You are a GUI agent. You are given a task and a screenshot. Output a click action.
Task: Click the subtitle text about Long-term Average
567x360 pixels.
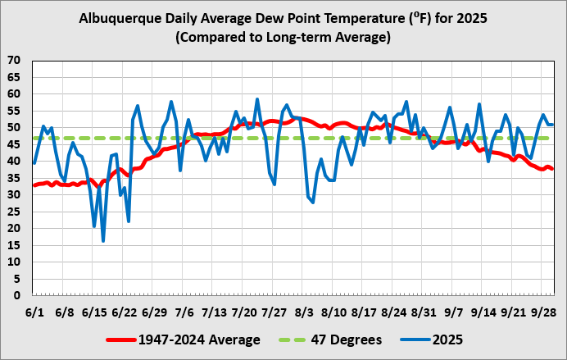pyautogui.click(x=283, y=38)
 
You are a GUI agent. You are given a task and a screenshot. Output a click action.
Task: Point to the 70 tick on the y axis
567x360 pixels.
pyautogui.click(x=15, y=61)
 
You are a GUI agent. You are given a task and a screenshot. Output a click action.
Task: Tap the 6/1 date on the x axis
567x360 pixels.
pyautogui.click(x=34, y=312)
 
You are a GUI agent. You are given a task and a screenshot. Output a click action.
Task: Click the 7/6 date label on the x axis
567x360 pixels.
pyautogui.click(x=184, y=312)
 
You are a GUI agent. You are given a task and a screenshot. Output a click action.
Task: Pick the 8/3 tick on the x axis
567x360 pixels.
pyautogui.click(x=304, y=312)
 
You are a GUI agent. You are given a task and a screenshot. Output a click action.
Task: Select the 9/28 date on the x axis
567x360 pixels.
pyautogui.click(x=544, y=312)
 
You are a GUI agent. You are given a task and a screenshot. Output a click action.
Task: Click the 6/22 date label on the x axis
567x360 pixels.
pyautogui.click(x=124, y=312)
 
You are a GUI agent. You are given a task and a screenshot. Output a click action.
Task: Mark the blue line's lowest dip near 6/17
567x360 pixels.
pyautogui.click(x=103, y=240)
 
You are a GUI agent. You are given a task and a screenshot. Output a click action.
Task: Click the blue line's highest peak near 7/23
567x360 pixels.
pyautogui.click(x=257, y=99)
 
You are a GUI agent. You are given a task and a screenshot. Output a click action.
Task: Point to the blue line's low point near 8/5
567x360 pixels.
pyautogui.click(x=313, y=202)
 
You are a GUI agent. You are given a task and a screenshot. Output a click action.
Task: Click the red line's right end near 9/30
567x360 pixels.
pyautogui.click(x=552, y=169)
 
